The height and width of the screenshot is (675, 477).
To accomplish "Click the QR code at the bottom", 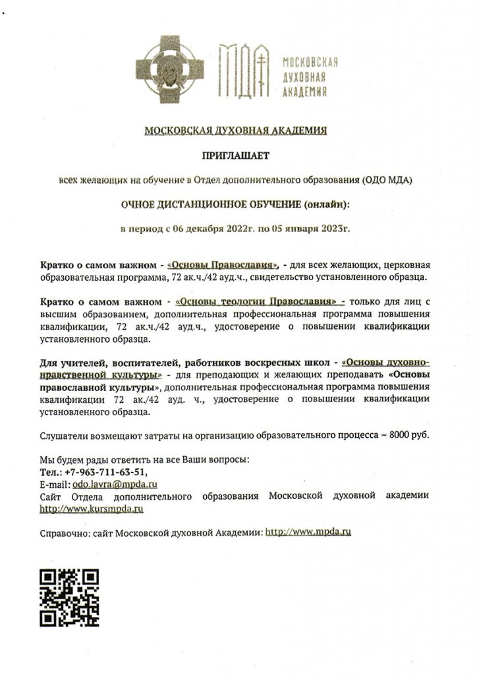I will (x=69, y=597).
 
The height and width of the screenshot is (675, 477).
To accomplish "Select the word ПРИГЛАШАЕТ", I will (x=236, y=156).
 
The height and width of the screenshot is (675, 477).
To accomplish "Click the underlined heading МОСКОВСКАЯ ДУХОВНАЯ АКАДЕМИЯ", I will (x=236, y=131).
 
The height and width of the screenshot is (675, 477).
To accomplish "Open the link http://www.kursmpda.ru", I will (x=92, y=508).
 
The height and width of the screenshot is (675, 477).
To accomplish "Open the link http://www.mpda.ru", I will (x=308, y=531).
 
